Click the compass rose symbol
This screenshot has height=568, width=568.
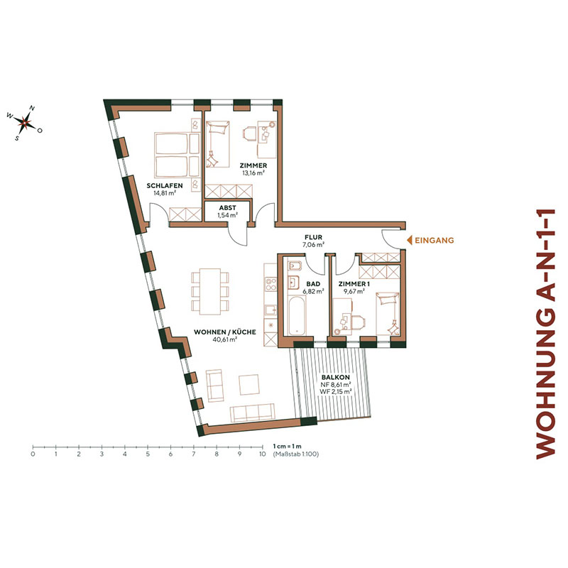[x=24, y=123]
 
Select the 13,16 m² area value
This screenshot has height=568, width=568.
[x=252, y=172]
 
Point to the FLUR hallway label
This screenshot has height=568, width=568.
[x=314, y=238]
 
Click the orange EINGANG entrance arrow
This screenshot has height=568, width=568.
[x=408, y=241]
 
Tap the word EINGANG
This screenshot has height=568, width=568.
[x=435, y=241]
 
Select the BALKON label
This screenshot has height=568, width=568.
[x=336, y=378]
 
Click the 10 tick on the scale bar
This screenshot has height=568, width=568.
[x=263, y=449]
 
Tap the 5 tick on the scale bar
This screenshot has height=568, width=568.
[x=148, y=449]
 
